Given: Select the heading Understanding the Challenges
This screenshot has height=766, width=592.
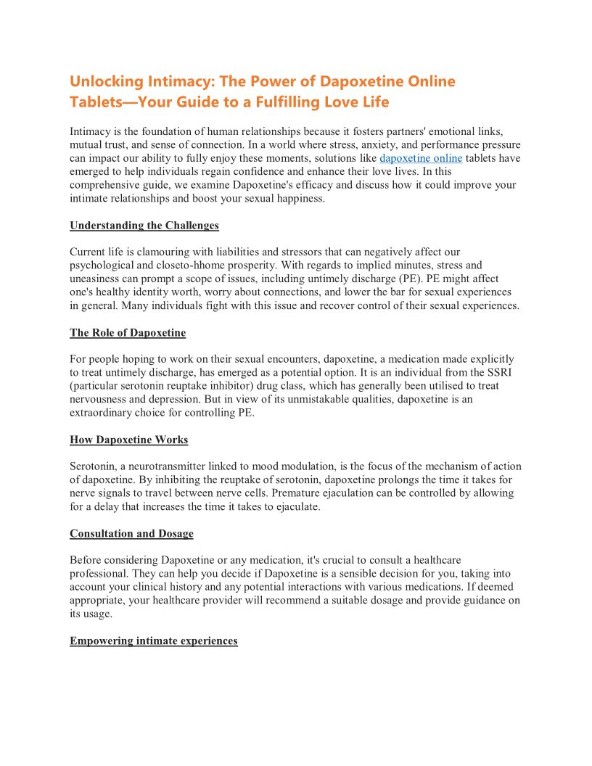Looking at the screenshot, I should [x=144, y=226].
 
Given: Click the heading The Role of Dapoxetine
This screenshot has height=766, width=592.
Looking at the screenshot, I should [x=128, y=333].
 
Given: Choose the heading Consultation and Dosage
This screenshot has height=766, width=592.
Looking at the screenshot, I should [x=131, y=534].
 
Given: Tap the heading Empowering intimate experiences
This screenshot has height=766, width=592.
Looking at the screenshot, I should [x=154, y=641].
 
